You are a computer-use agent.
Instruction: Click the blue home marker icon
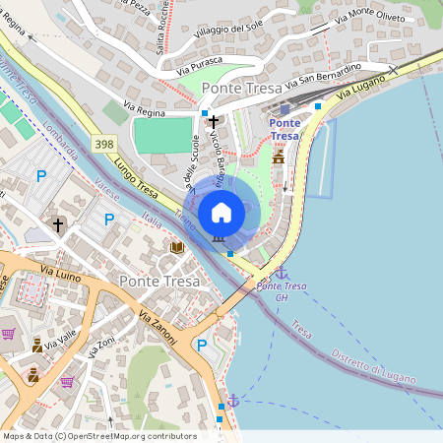tap(221, 212)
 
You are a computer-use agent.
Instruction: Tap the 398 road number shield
tap(104, 144)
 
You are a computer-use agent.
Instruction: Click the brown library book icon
tap(178, 247)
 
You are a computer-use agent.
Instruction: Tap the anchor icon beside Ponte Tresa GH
tap(281, 272)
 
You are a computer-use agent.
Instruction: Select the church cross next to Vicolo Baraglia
tap(213, 122)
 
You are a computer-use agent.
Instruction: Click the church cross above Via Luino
tap(57, 225)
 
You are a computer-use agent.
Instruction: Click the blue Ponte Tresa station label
tap(285, 129)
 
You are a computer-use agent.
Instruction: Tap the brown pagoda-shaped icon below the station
tap(279, 156)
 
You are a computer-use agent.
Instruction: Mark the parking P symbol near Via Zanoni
tap(202, 346)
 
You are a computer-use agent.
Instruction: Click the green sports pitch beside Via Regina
tap(163, 135)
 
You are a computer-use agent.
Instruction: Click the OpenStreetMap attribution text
tap(99, 435)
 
